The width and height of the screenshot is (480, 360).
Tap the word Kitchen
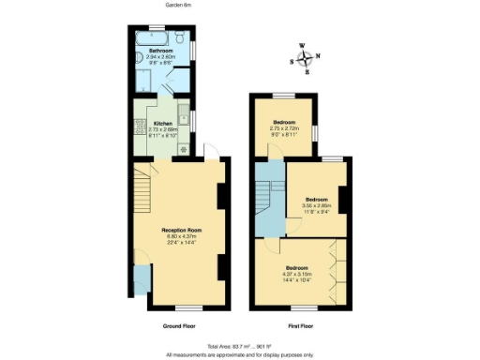click(162, 124)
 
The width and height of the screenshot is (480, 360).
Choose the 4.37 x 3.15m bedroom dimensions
click(299, 272)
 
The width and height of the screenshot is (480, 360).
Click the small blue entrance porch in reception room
click(141, 279)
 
